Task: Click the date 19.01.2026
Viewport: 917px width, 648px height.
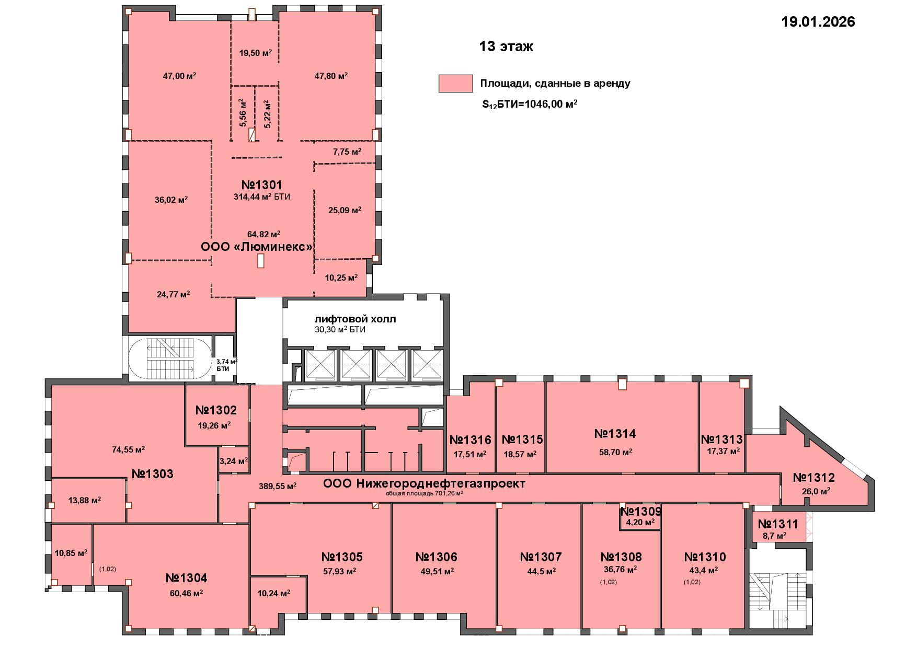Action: click(818, 21)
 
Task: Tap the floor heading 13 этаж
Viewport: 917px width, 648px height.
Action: click(506, 47)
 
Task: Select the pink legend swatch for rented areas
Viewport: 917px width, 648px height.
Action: click(455, 84)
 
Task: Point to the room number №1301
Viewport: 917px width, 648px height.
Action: click(262, 185)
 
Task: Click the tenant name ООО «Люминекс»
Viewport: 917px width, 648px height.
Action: click(257, 247)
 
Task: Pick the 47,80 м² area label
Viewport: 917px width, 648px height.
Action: click(331, 76)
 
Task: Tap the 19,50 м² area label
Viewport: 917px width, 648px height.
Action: click(256, 53)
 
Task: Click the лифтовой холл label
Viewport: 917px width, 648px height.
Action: click(355, 319)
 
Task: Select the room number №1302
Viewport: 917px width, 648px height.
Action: click(216, 410)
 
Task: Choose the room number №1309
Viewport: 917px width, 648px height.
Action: click(641, 511)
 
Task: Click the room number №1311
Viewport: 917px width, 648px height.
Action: click(778, 524)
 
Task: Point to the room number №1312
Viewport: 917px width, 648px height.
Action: click(813, 478)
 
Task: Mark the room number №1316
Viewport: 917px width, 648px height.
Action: click(470, 439)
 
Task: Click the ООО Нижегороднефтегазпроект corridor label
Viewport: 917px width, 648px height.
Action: click(424, 484)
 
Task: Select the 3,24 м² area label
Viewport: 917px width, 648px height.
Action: click(234, 461)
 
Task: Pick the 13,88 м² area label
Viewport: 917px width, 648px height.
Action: click(85, 500)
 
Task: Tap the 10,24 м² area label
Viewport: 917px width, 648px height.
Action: click(274, 593)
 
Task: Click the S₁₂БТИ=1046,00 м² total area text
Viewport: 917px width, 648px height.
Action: click(530, 104)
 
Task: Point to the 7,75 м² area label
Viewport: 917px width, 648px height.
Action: click(347, 152)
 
